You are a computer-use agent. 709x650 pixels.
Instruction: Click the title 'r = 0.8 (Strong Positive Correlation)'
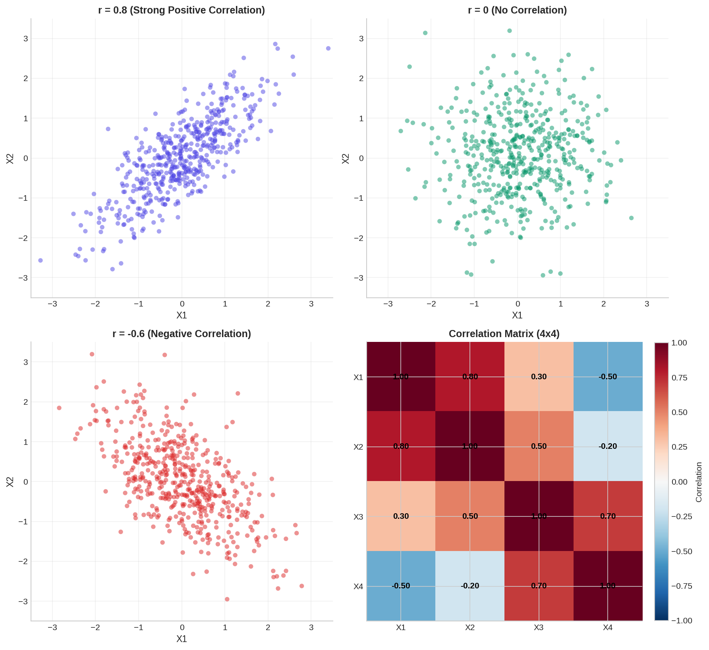[x=182, y=10]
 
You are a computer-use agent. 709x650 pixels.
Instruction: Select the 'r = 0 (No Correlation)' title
[x=517, y=10]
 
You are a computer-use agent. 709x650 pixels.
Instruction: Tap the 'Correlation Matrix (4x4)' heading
[x=504, y=334]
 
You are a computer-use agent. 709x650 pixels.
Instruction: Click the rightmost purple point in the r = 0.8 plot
[x=328, y=49]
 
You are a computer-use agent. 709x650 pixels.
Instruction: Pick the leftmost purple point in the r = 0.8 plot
[x=41, y=260]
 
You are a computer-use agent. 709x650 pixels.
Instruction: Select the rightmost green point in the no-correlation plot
[x=631, y=218]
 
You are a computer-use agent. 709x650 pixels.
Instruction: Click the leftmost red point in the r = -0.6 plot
[x=59, y=408]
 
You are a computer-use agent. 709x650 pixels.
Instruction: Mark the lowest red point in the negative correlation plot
[x=227, y=599]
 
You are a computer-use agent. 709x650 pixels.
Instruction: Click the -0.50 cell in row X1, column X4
[x=608, y=376]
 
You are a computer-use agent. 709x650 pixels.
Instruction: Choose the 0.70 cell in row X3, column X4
[x=608, y=516]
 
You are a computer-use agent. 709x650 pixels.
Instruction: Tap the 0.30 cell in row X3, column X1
[x=401, y=516]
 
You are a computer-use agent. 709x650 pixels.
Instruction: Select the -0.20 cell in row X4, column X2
[x=470, y=586]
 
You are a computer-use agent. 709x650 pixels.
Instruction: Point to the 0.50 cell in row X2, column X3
[x=539, y=446]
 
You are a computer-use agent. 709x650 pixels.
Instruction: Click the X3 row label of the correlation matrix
[x=358, y=517]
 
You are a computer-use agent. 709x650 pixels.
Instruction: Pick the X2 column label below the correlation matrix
[x=470, y=628]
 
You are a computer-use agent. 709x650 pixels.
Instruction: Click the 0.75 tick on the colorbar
[x=679, y=378]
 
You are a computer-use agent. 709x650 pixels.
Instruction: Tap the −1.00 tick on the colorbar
[x=681, y=621]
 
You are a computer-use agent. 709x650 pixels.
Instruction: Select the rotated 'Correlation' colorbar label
[x=699, y=482]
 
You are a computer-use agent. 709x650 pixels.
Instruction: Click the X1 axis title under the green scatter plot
[x=517, y=315]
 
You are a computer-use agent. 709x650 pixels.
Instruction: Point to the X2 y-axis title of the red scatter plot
[x=10, y=482]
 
